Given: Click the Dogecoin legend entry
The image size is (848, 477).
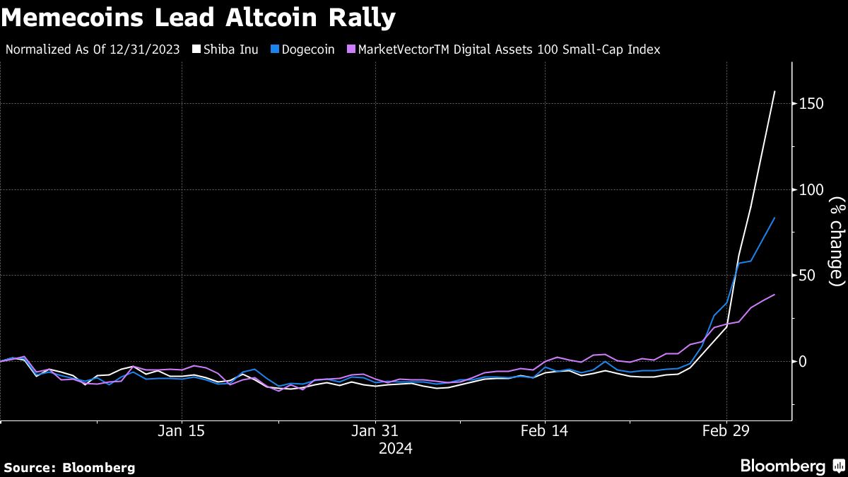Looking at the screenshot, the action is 309,49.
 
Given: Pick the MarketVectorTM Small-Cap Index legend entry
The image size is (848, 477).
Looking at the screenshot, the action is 508,49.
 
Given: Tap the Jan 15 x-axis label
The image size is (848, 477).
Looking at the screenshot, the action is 182,432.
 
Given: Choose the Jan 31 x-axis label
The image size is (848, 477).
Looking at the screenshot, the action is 375,432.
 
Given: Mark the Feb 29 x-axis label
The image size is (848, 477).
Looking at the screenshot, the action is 726,432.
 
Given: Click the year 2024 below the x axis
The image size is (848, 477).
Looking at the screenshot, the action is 395,448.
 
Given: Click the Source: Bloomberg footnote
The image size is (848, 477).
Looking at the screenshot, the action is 69,467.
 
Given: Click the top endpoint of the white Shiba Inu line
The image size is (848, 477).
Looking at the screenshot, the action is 775,91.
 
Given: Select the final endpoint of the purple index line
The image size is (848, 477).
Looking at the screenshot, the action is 775,295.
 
